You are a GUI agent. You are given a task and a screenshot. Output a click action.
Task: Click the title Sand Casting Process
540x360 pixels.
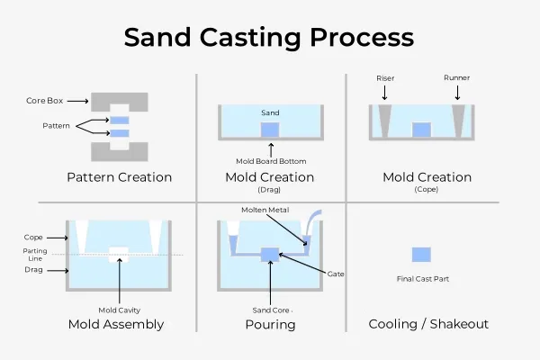(269, 38)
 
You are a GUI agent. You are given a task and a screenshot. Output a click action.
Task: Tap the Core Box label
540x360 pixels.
(42, 100)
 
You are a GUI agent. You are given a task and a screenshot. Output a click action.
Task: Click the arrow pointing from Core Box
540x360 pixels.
(76, 100)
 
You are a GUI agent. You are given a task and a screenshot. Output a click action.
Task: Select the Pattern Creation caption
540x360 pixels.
(119, 176)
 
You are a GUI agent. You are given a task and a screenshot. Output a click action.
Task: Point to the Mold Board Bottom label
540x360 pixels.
(270, 161)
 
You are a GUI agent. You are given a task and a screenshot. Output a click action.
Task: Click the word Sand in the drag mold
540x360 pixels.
(270, 112)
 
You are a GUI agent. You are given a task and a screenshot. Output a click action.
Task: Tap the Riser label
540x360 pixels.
(385, 78)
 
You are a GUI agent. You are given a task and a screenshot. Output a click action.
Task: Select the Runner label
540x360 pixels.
(458, 78)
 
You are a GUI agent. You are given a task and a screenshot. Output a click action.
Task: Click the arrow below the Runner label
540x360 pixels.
(458, 92)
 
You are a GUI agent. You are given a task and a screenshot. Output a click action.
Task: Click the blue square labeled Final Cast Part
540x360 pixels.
(421, 255)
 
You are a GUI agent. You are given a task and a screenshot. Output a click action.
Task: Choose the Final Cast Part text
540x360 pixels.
(421, 279)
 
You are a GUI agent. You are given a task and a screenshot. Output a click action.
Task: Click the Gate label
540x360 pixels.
(337, 273)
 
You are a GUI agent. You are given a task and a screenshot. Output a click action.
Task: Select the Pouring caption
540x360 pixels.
(270, 324)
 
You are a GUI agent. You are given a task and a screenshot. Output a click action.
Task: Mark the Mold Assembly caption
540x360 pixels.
(116, 324)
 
